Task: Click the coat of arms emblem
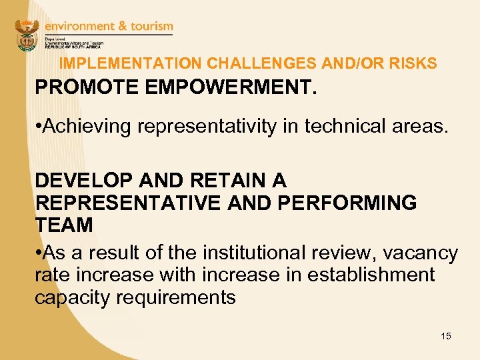pyautogui.click(x=27, y=35)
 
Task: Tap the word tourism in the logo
pyautogui.click(x=150, y=27)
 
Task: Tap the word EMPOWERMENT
pyautogui.click(x=219, y=87)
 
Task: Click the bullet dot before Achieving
pyautogui.click(x=39, y=126)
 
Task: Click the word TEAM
pyautogui.click(x=64, y=225)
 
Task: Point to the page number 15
pyautogui.click(x=446, y=336)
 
